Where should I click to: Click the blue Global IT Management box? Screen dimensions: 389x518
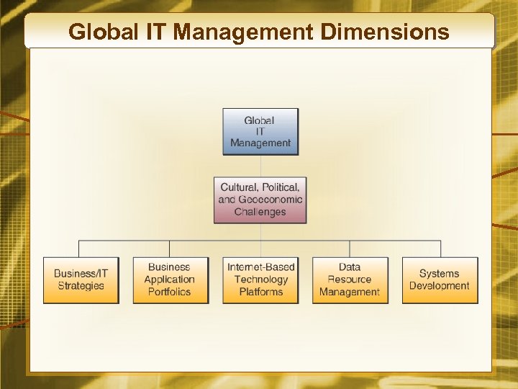click(x=260, y=131)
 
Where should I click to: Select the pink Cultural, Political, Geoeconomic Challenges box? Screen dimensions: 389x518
click(x=260, y=200)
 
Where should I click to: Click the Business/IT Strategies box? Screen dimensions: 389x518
click(x=81, y=280)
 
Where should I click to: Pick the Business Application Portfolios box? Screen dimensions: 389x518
click(x=171, y=280)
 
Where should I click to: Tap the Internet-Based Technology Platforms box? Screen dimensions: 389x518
click(x=260, y=280)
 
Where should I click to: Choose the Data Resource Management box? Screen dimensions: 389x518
click(x=350, y=280)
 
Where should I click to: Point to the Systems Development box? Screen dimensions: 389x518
click(x=440, y=280)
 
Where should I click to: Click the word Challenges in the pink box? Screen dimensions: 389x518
click(x=260, y=212)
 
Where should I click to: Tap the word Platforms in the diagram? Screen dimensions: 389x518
click(x=260, y=292)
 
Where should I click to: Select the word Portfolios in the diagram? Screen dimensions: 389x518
click(x=170, y=292)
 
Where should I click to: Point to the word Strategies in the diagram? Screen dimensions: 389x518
click(x=81, y=286)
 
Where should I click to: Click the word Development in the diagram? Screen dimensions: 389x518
click(x=440, y=286)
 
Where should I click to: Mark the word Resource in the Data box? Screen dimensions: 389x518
click(x=350, y=280)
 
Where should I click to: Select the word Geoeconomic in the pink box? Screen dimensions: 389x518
click(x=270, y=200)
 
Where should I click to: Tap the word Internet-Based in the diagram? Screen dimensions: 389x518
click(x=261, y=267)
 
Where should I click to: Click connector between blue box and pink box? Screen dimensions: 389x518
click(x=260, y=166)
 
